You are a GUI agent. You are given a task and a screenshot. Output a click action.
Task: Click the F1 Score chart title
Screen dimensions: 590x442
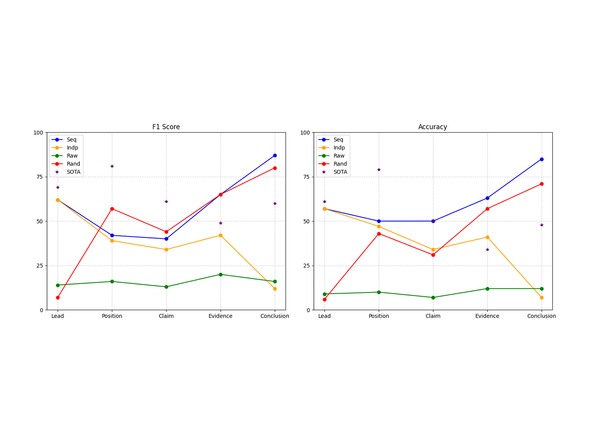click(166, 127)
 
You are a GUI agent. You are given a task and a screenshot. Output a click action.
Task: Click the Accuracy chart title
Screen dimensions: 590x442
click(433, 127)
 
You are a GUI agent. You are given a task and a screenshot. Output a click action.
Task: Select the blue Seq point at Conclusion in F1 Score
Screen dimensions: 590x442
click(275, 156)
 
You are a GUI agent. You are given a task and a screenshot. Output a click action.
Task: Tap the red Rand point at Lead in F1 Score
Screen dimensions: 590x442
click(58, 298)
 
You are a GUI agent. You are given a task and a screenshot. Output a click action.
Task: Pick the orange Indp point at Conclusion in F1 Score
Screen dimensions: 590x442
click(275, 289)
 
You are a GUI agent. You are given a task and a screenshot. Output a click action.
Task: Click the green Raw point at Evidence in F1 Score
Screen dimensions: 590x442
click(220, 275)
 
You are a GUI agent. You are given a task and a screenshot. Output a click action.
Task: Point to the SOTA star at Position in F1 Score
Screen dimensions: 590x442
click(112, 166)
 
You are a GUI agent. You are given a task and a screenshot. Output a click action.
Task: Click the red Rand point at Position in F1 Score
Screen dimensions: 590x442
click(112, 209)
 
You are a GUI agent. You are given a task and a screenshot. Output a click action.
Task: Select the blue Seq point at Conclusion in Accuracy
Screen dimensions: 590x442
click(542, 159)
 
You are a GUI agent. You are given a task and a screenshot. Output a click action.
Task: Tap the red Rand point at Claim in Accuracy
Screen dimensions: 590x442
click(433, 255)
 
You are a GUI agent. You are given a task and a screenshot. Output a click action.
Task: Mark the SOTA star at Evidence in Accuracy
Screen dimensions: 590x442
click(487, 250)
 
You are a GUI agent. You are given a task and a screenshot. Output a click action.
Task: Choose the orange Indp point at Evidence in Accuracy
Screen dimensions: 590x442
click(487, 237)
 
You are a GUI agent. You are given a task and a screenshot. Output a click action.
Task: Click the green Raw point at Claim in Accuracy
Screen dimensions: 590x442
click(433, 298)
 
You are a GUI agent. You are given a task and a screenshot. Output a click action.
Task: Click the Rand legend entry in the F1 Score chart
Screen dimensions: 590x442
click(66, 164)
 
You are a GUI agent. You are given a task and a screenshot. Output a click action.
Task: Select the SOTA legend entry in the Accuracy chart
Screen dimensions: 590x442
click(333, 172)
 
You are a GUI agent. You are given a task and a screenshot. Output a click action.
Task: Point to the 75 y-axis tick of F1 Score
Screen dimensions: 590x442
click(40, 177)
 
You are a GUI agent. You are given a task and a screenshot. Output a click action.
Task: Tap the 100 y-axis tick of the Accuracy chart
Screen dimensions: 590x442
click(305, 133)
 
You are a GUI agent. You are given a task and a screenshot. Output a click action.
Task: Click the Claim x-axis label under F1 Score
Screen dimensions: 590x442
click(166, 316)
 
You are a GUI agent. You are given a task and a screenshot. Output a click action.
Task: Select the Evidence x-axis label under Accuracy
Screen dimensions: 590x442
click(487, 316)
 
